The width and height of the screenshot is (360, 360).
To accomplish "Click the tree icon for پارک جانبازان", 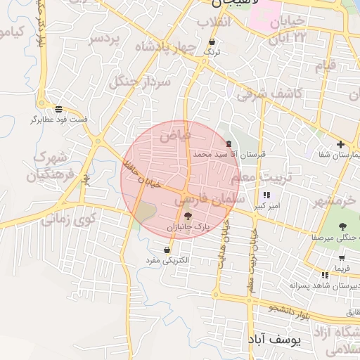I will click(186, 216).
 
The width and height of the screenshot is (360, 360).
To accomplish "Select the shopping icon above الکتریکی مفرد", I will click(167, 250).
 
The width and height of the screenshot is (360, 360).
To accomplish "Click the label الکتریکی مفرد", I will click(167, 261).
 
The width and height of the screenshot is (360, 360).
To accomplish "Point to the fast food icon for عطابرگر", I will click(58, 109).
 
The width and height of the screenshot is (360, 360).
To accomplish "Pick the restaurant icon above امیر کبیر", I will click(266, 195).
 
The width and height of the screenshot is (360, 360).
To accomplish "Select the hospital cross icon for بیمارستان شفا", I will click(341, 143).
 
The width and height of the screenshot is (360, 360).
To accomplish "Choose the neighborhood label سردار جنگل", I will click(140, 83).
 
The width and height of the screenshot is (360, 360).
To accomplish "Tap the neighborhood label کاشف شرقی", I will click(270, 93).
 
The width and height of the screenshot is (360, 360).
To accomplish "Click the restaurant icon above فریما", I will click(325, 258).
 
